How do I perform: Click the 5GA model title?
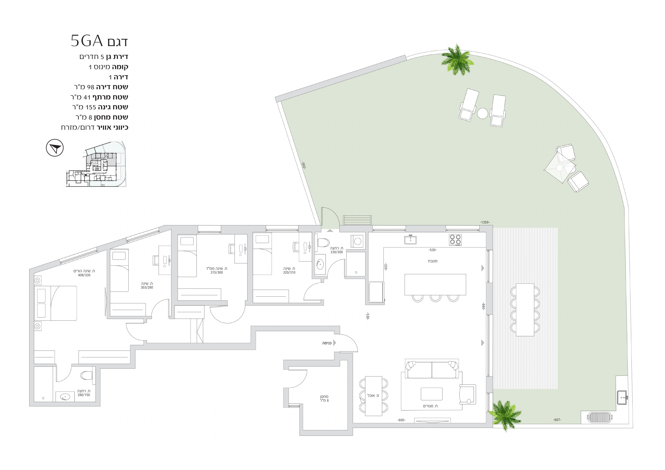click(99, 41)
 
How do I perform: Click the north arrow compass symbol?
click(55, 148)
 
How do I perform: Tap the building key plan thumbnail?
click(96, 164)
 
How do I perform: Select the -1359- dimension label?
click(485, 222)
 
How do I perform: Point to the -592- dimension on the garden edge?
click(303, 165)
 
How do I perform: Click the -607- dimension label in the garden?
click(557, 420)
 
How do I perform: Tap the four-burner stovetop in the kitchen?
click(455, 240)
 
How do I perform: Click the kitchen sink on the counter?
click(410, 240)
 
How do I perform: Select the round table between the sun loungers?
click(482, 113)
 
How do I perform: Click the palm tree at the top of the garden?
click(457, 60)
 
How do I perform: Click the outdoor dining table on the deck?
click(525, 310)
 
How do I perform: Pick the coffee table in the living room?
click(432, 394)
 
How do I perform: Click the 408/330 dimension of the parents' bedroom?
click(84, 275)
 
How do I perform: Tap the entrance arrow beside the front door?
click(335, 343)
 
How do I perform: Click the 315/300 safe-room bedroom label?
click(217, 273)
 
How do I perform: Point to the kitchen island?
click(435, 284)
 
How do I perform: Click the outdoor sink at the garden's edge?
click(622, 397)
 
